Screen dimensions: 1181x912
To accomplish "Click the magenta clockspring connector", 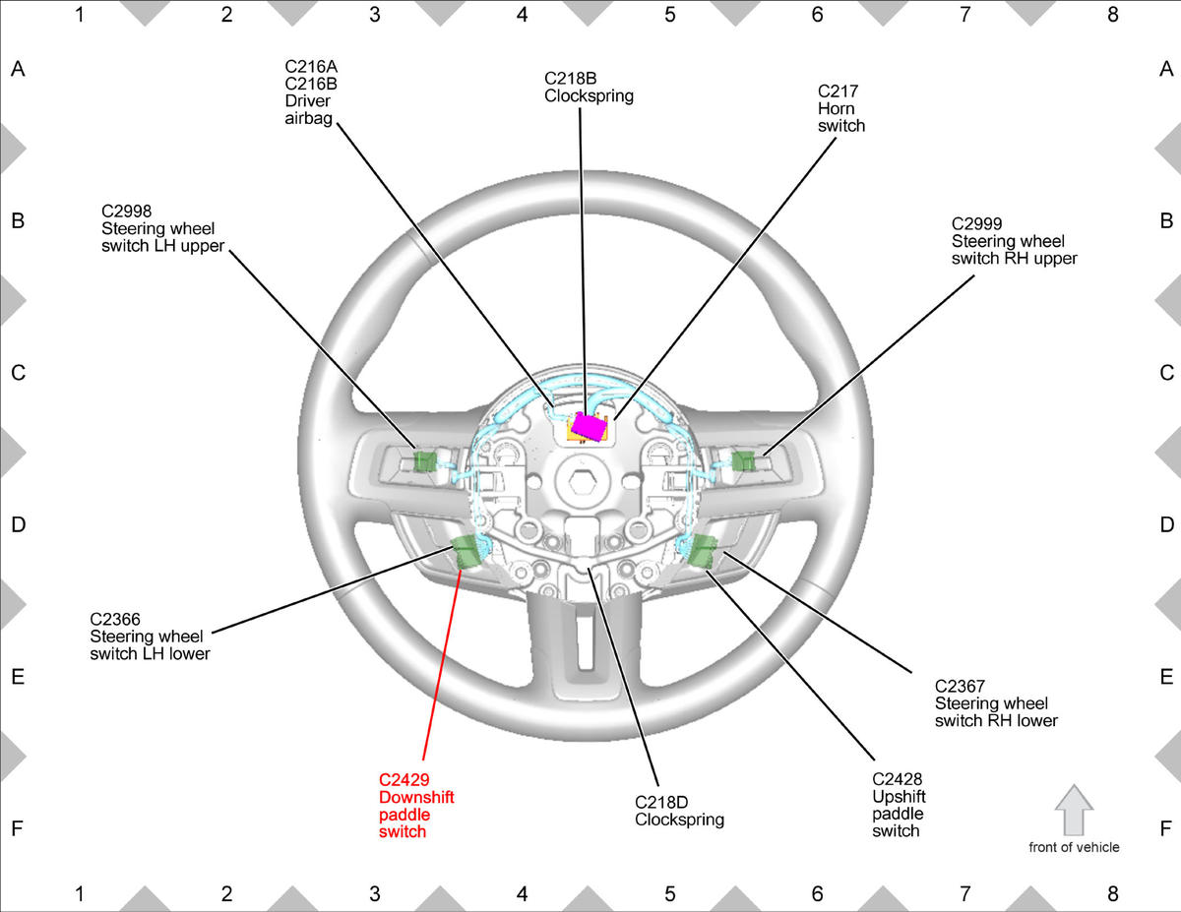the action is point(589,426).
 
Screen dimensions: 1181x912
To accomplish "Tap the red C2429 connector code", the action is point(404,779).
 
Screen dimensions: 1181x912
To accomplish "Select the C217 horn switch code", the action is point(838,91).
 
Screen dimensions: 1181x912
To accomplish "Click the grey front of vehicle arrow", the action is point(1074,810).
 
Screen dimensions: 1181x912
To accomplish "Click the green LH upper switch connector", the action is point(424,460).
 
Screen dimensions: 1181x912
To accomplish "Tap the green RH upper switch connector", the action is point(743,460).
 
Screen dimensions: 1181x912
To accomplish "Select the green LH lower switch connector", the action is point(466,551).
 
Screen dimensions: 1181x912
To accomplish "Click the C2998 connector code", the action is point(126,211).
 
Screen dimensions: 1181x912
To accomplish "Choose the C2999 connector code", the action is point(976,223).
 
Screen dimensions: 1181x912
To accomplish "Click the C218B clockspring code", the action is point(570,79).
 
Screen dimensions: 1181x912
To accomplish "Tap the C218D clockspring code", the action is point(661,802).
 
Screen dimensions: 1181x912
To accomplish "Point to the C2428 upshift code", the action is point(898,779).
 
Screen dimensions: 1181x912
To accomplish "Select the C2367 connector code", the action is point(960,686).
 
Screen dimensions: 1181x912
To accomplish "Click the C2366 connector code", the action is point(115,619).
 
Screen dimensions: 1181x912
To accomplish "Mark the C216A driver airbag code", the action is point(311,66).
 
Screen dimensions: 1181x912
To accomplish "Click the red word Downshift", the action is point(416,797).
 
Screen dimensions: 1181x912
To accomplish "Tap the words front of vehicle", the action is point(1074,847).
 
